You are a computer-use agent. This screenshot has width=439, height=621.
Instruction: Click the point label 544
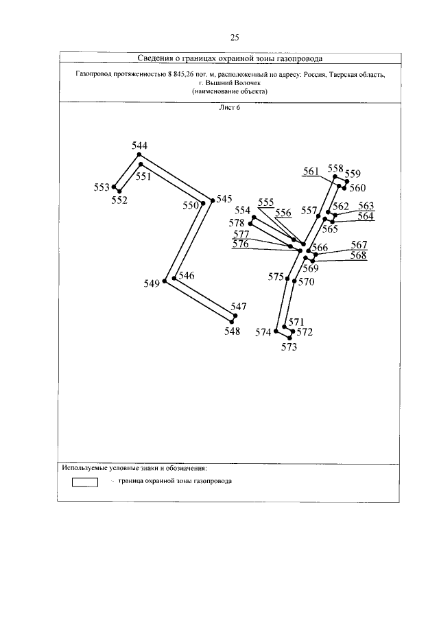coord(140,145)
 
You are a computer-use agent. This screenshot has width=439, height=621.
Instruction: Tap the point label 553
coord(102,187)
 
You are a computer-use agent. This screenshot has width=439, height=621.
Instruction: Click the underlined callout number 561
coord(311,172)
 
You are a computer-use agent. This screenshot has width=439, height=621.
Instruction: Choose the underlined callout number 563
coord(366,206)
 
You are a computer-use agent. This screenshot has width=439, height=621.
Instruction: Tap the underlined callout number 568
coord(359,255)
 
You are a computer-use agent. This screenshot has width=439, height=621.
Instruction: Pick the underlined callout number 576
coord(241,244)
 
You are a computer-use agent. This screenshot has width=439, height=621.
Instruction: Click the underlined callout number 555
coord(266,202)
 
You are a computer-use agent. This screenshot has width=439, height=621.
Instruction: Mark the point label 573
coord(289,347)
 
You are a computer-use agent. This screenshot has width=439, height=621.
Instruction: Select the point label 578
coord(237,223)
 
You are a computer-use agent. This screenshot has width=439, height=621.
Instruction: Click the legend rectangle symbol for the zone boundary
coord(85,482)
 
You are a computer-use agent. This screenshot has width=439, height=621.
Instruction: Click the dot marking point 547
coord(235,316)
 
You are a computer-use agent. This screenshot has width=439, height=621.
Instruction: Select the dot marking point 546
coord(175,279)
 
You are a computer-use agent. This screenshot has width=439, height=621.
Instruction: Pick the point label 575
coord(276,277)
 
